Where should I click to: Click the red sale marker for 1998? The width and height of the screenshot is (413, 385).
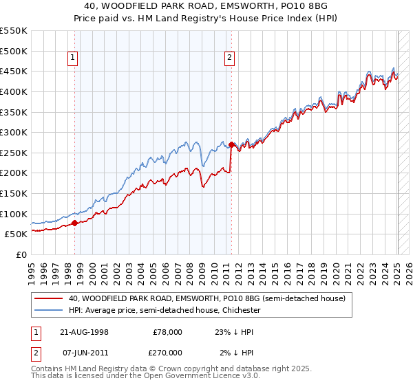74,222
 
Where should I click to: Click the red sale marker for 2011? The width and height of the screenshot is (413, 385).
231,145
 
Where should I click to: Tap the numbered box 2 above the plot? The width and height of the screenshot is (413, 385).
229,58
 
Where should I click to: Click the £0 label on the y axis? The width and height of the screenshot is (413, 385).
21,254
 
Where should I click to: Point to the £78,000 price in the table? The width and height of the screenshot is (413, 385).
167,331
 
